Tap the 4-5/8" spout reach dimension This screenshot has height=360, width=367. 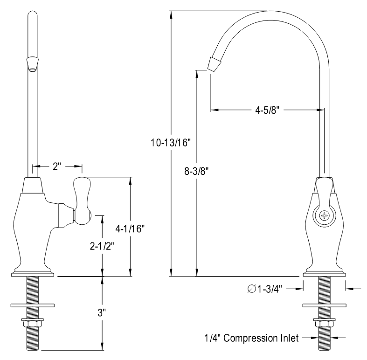point(267,110)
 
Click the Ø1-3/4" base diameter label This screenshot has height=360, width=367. point(264,289)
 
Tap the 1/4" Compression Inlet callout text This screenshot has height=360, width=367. point(250,338)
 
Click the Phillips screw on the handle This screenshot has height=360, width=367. point(324,215)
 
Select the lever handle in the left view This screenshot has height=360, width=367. point(83,201)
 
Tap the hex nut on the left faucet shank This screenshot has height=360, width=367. point(32,323)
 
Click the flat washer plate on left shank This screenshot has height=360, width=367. point(32,305)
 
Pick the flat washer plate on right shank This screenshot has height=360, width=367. point(324,305)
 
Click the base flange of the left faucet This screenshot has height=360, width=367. point(32,273)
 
